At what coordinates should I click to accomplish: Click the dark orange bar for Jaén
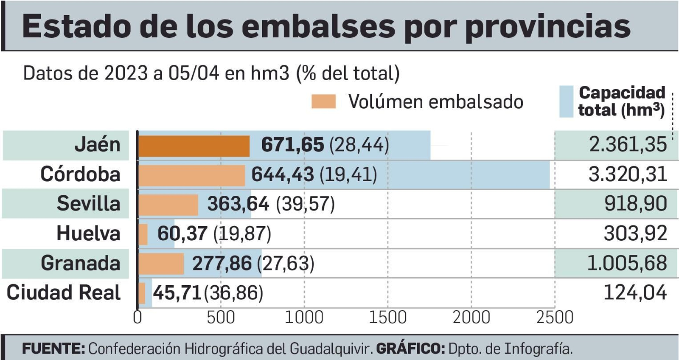[x=194, y=146]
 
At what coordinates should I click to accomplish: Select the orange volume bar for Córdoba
[x=192, y=175]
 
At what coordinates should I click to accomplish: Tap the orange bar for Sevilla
[x=168, y=205]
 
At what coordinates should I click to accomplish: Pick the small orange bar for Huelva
[x=143, y=234]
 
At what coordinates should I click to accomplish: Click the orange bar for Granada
[x=161, y=264]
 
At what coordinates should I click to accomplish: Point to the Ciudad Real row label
[x=64, y=293]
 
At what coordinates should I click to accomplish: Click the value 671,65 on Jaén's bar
[x=292, y=145]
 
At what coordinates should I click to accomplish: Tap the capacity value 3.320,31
[x=628, y=174]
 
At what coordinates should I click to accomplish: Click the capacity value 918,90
[x=635, y=204]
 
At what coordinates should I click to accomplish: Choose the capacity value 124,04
[x=635, y=293]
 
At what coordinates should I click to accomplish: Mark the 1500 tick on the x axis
[x=387, y=318]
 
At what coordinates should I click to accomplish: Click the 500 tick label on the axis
[x=220, y=318]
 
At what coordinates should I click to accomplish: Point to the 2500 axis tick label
[x=555, y=318]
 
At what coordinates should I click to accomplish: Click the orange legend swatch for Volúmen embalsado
[x=323, y=102]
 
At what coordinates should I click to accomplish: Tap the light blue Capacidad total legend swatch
[x=566, y=101]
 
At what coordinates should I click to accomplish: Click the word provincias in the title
[x=548, y=26]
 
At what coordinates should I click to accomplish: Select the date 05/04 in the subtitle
[x=194, y=73]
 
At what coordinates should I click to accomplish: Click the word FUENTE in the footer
[x=53, y=349]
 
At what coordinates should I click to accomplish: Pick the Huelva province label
[x=88, y=233]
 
